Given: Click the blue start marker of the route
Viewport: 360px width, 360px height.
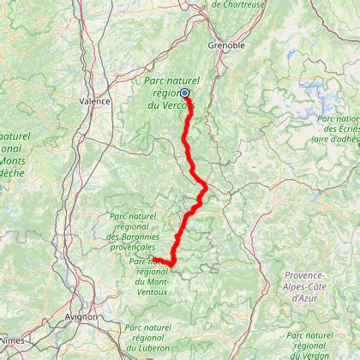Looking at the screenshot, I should pyautogui.click(x=184, y=93).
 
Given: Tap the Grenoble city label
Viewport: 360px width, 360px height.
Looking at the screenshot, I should pyautogui.click(x=226, y=45).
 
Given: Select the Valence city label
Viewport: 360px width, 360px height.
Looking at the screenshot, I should pyautogui.click(x=95, y=100).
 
